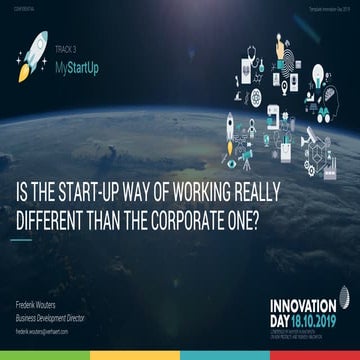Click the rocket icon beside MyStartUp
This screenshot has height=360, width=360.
pos(32,56)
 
